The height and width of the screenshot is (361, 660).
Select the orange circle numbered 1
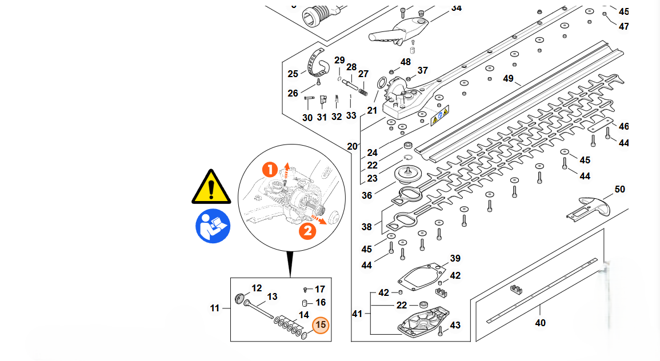[270, 169]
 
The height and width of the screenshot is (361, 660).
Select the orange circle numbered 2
[307, 231]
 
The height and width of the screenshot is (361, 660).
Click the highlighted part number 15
[321, 324]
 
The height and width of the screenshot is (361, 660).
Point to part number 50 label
[619, 189]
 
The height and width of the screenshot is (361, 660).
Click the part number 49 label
[509, 78]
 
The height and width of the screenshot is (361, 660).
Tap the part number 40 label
[540, 323]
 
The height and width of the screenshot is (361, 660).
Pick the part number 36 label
[366, 195]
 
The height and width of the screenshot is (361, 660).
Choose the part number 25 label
[293, 74]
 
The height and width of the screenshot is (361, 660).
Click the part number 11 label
[214, 308]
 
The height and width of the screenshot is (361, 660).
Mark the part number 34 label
[456, 8]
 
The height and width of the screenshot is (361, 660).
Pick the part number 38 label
[366, 227]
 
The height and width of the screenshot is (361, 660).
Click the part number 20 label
[352, 146]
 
